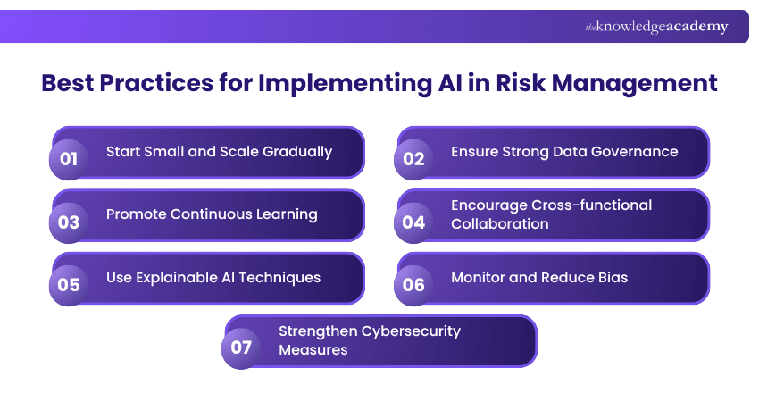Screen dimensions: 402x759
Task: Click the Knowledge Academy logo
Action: pyautogui.click(x=656, y=27)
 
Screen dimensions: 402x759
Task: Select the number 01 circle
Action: pyautogui.click(x=69, y=160)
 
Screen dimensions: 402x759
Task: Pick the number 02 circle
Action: pyautogui.click(x=413, y=160)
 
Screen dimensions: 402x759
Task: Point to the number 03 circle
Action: pyautogui.click(x=69, y=222)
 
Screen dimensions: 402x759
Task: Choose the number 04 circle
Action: pyautogui.click(x=413, y=222)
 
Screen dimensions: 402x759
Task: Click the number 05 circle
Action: pyautogui.click(x=69, y=285)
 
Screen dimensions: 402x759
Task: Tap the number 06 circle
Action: pyautogui.click(x=413, y=285)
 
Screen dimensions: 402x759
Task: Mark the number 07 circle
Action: pyautogui.click(x=241, y=348)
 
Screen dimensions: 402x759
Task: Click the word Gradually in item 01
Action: pyautogui.click(x=297, y=151)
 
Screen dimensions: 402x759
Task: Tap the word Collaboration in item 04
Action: pyautogui.click(x=499, y=223)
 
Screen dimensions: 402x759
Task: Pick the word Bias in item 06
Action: pyautogui.click(x=612, y=277)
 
